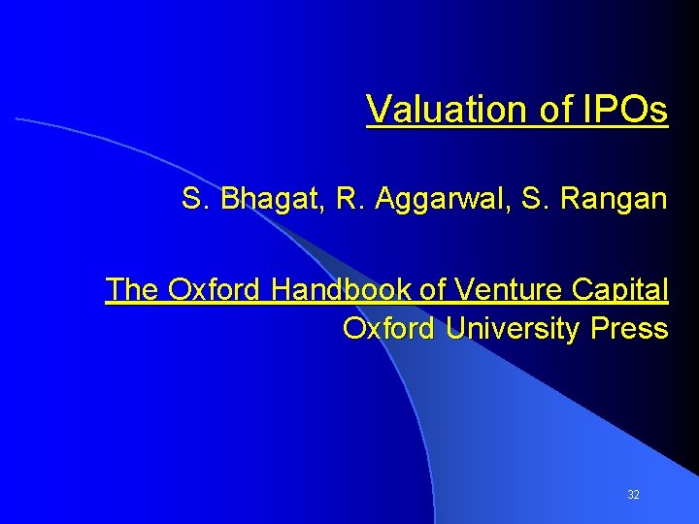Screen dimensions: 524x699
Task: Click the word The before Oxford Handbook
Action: click(133, 289)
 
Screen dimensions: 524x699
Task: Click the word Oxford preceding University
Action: click(388, 328)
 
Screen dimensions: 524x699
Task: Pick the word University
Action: click(512, 328)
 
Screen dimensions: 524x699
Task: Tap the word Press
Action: click(630, 328)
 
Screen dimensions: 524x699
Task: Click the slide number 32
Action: click(633, 495)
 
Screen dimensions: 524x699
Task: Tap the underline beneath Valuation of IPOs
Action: click(517, 126)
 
